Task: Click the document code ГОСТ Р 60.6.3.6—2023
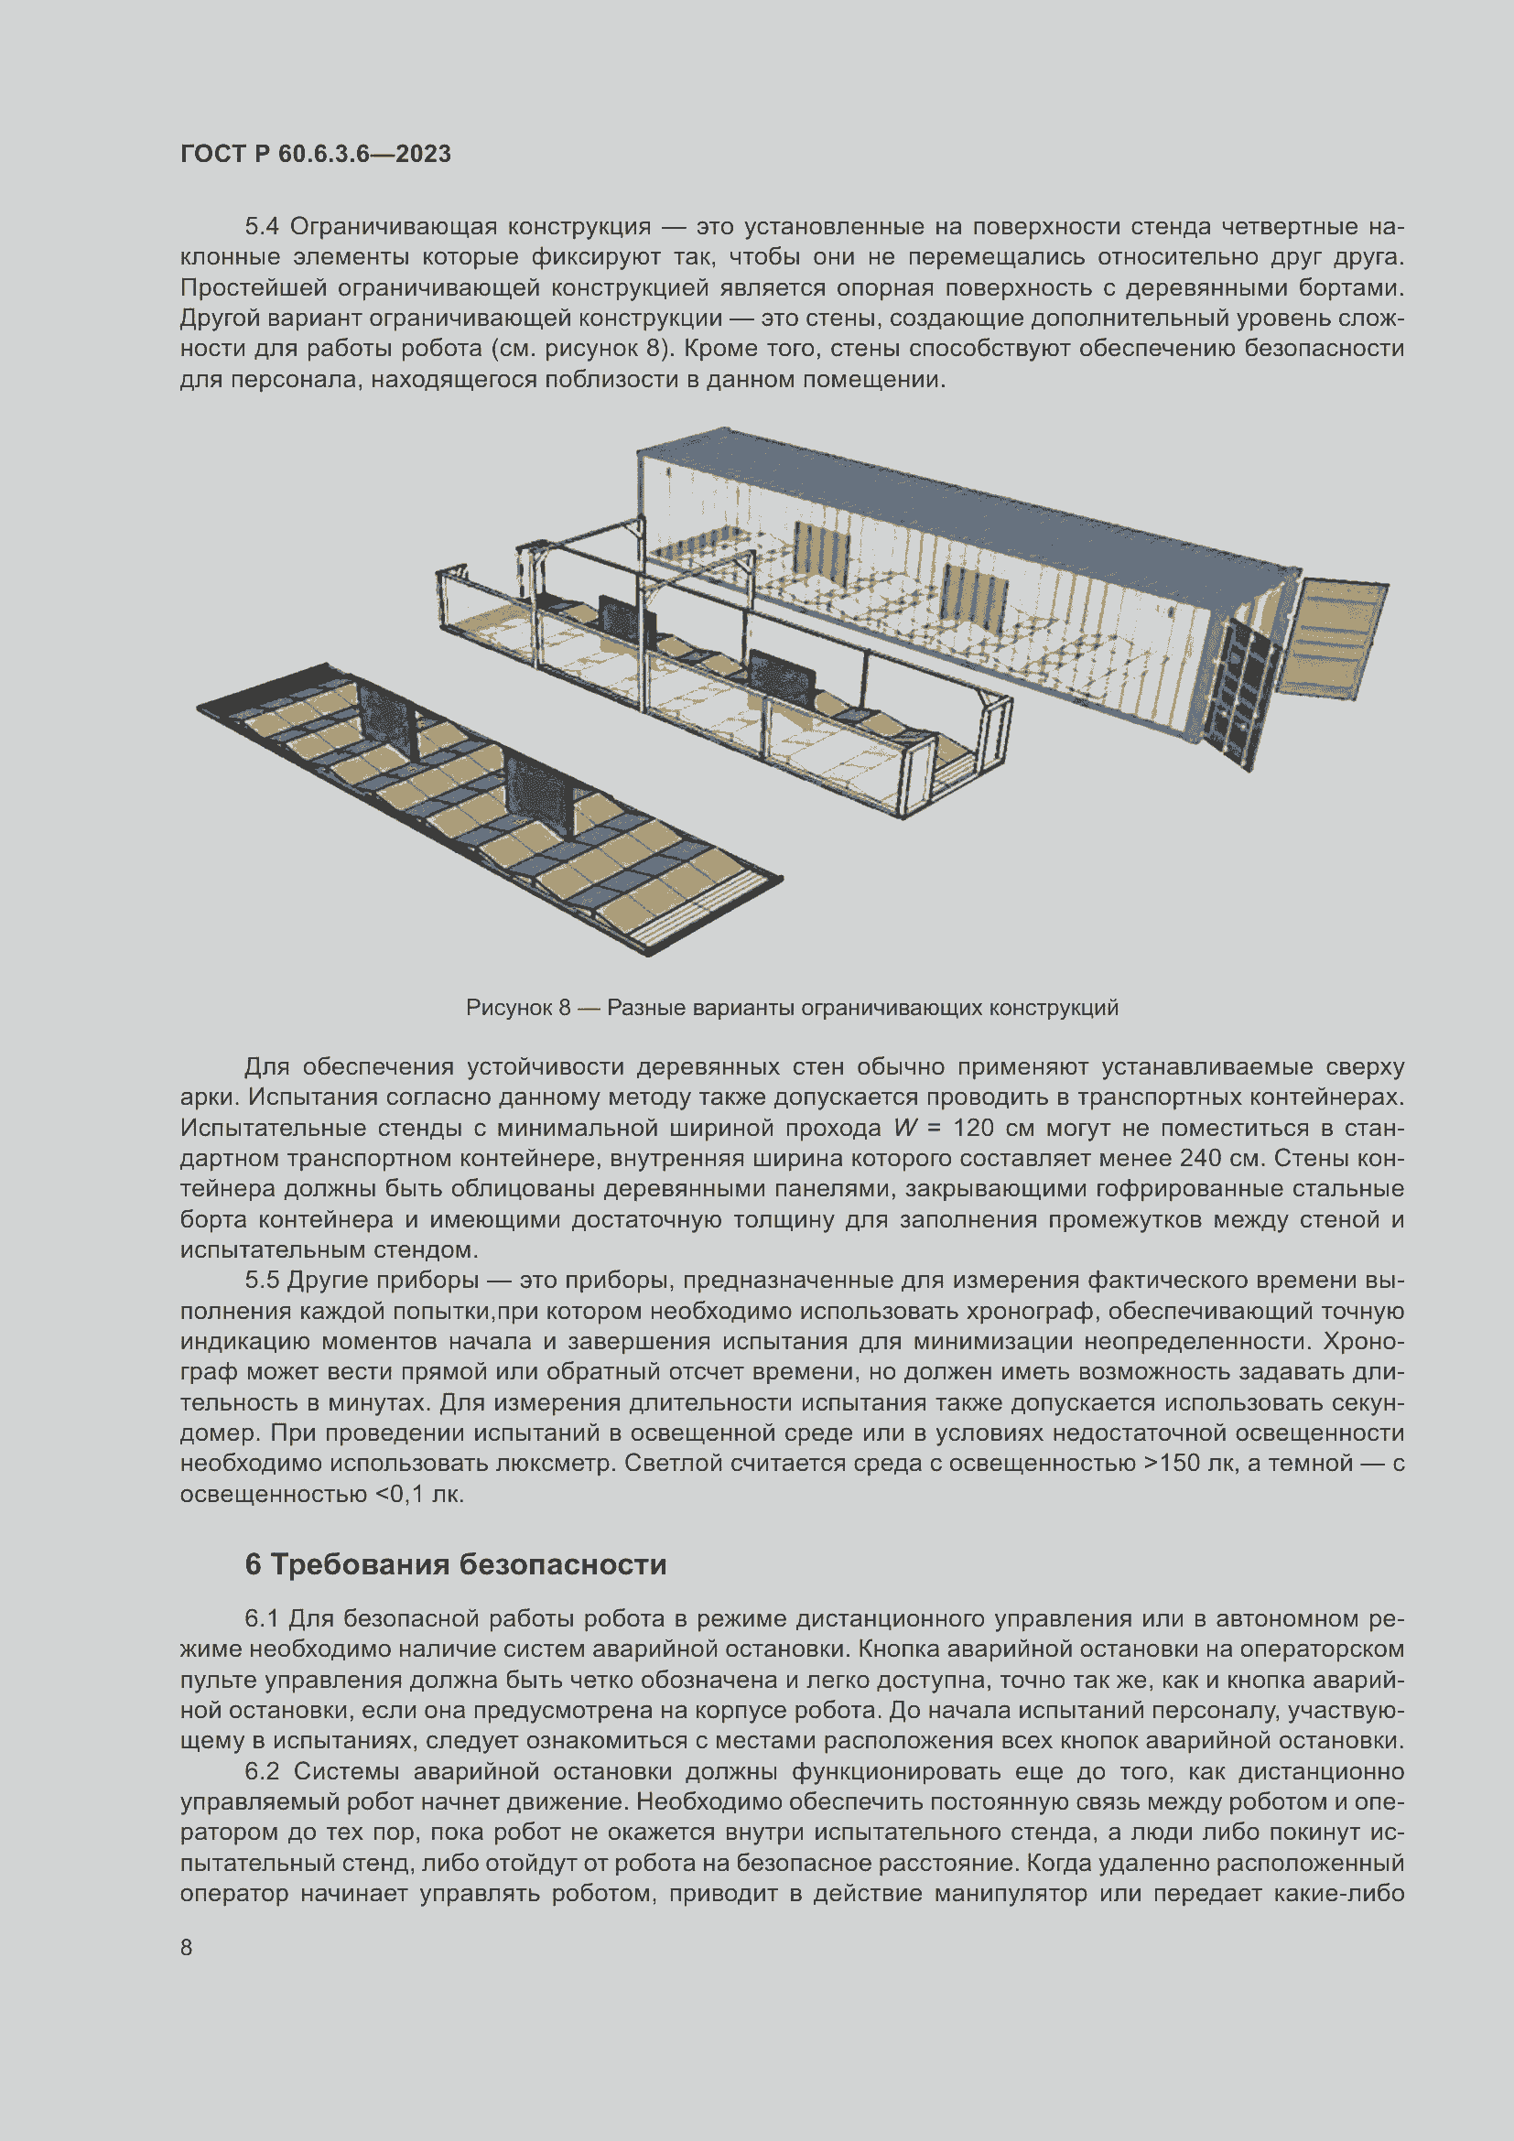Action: [x=315, y=154]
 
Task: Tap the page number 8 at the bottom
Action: [x=187, y=1947]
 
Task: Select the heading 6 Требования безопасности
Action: [x=455, y=1563]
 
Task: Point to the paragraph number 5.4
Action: [x=261, y=227]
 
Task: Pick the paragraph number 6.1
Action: [x=261, y=1619]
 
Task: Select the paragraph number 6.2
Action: [x=261, y=1771]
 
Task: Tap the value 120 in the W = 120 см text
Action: [x=973, y=1129]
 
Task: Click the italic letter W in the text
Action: [x=905, y=1129]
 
